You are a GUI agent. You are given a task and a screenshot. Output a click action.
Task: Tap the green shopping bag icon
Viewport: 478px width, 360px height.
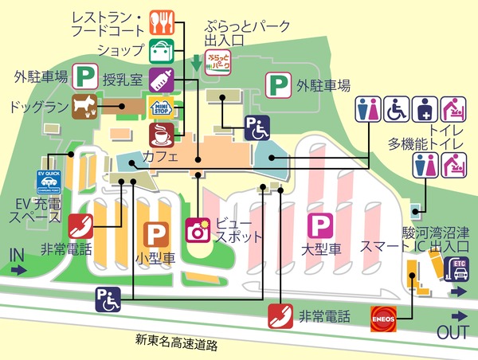(163, 49)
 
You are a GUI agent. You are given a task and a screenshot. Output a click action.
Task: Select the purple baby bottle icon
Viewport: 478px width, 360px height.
(163, 77)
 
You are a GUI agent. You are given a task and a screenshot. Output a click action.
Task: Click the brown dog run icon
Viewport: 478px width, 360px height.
(83, 104)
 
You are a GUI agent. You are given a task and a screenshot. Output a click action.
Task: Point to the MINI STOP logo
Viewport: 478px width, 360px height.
(162, 105)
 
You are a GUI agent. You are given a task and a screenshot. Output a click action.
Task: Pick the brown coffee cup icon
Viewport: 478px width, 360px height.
(162, 132)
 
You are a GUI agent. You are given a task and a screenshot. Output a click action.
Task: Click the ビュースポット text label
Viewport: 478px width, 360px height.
(233, 232)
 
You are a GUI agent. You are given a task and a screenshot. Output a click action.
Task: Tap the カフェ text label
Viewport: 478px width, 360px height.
(160, 158)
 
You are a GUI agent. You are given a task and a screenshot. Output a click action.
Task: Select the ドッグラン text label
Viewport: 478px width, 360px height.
(35, 105)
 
